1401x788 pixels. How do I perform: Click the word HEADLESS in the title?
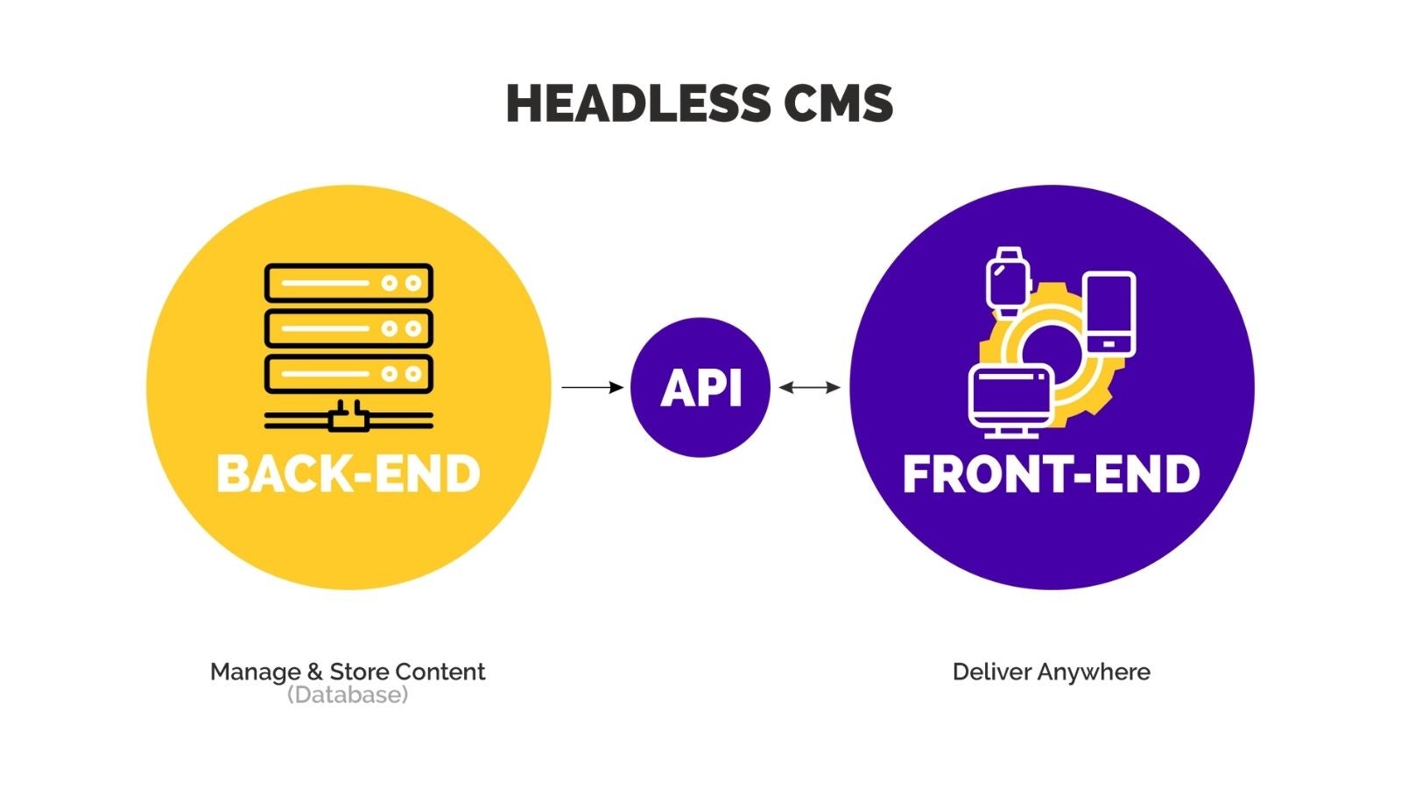(x=638, y=104)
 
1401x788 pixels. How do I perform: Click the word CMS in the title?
(x=838, y=104)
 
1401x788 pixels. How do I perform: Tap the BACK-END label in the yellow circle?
(x=348, y=474)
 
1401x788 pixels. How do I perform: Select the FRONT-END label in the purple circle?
(x=1052, y=474)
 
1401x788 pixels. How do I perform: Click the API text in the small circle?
(x=700, y=388)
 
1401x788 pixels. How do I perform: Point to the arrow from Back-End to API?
(x=592, y=388)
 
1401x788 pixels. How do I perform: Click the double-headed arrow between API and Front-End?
(x=809, y=388)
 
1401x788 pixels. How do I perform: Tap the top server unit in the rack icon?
(x=348, y=284)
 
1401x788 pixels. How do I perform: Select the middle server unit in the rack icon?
(x=348, y=328)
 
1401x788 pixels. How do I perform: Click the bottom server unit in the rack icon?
(x=348, y=374)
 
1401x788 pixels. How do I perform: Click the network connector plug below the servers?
(x=348, y=417)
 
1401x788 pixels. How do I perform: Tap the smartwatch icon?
(x=1008, y=282)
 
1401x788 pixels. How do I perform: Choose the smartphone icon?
(x=1109, y=314)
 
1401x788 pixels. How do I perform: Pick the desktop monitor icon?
(x=1010, y=401)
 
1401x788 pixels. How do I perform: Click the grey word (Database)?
(x=348, y=695)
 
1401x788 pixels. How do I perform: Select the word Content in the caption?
(x=440, y=672)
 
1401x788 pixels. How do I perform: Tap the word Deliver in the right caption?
(x=992, y=672)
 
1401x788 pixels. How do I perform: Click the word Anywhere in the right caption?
(x=1094, y=673)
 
